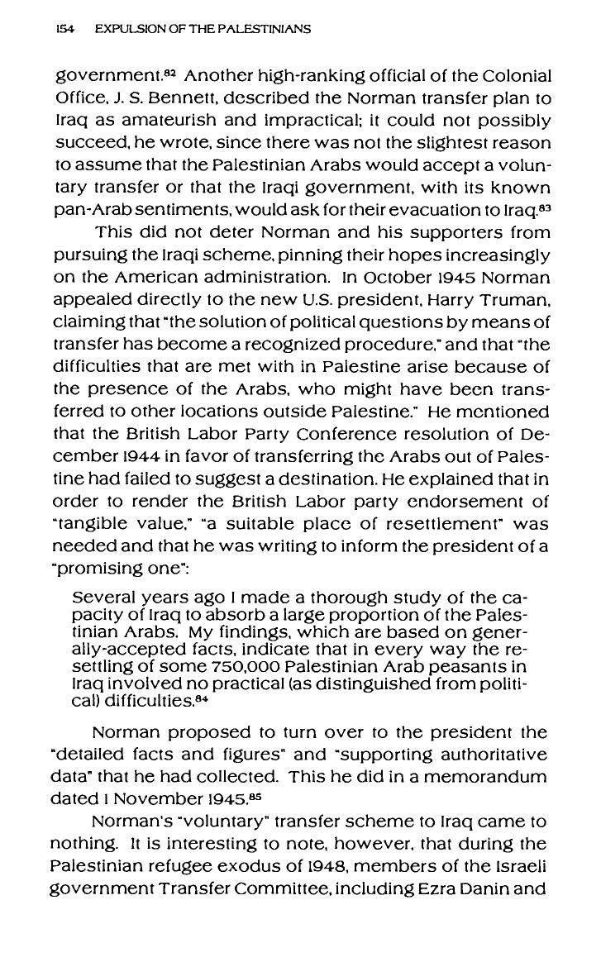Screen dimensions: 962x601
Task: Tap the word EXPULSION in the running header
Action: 126,29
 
